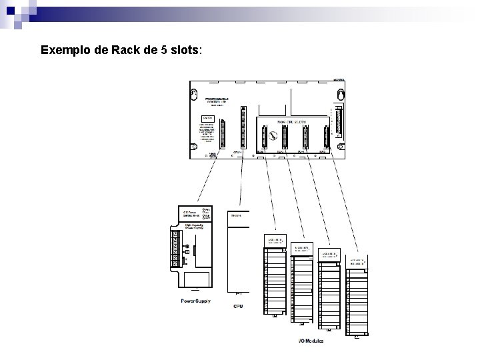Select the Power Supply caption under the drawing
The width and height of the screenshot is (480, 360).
point(196,301)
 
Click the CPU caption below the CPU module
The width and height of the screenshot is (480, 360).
point(238,307)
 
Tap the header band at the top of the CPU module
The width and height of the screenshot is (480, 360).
point(239,215)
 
